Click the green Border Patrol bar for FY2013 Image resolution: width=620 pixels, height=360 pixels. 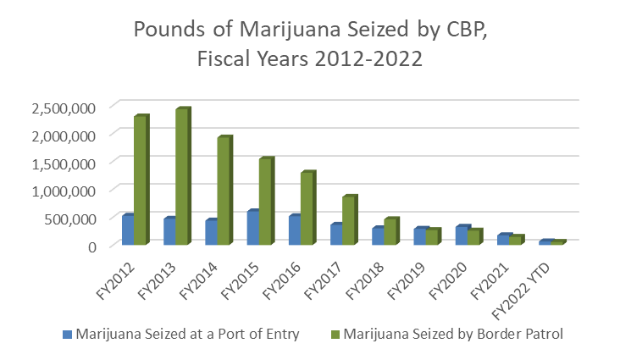(x=181, y=177)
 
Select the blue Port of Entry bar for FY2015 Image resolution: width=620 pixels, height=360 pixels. (x=252, y=228)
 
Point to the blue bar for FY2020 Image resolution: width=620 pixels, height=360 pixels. (x=461, y=235)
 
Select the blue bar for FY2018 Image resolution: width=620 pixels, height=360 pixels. (x=378, y=236)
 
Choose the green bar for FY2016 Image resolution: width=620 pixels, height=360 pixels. (x=307, y=208)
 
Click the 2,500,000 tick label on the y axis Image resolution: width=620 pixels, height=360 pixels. (x=64, y=108)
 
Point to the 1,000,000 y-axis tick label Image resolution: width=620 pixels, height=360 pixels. (x=64, y=191)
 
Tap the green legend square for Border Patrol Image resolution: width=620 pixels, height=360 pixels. (x=336, y=334)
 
